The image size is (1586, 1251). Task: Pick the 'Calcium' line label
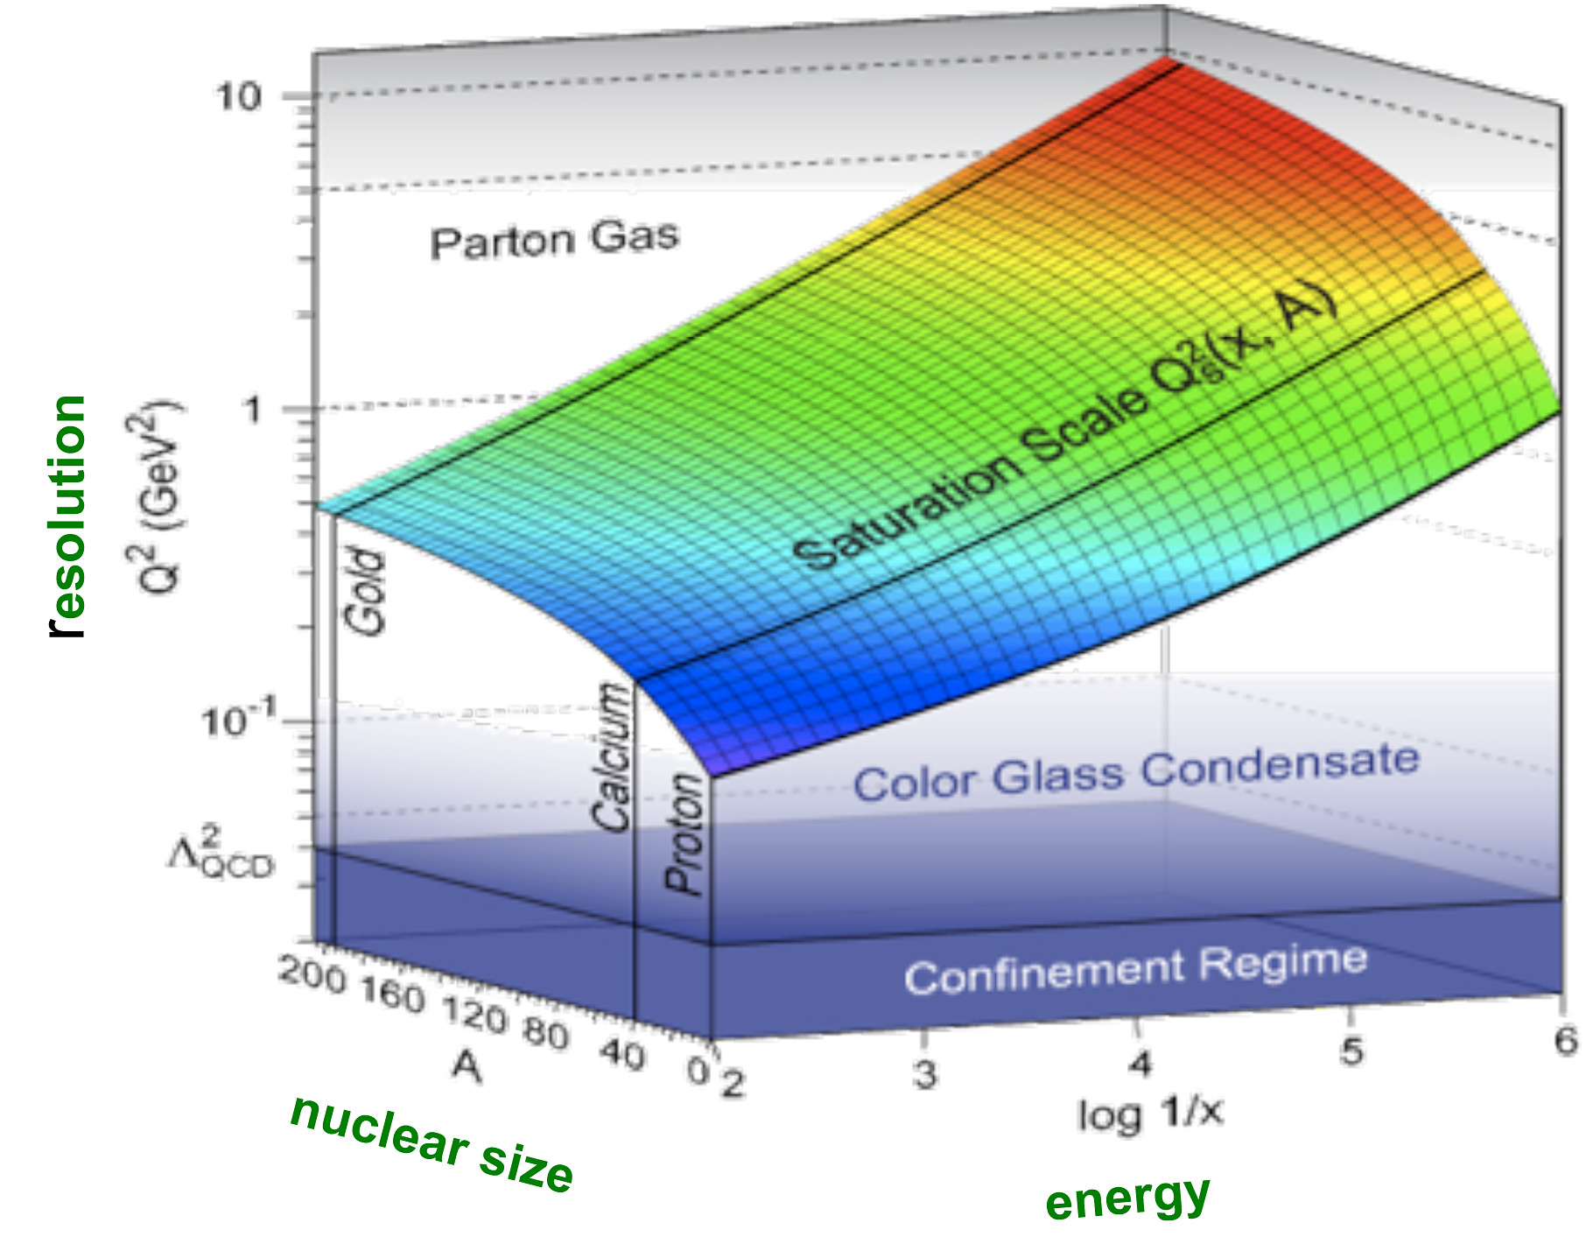click(x=611, y=757)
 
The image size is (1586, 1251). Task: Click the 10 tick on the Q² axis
click(x=238, y=95)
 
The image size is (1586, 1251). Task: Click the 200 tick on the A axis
click(x=312, y=974)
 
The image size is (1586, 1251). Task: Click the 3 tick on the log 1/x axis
click(x=925, y=1072)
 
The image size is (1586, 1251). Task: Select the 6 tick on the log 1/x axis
click(x=1565, y=1041)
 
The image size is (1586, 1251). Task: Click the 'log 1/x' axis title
click(x=1149, y=1114)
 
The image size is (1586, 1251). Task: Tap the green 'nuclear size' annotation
click(x=432, y=1144)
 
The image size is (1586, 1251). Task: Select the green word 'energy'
click(x=1127, y=1198)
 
